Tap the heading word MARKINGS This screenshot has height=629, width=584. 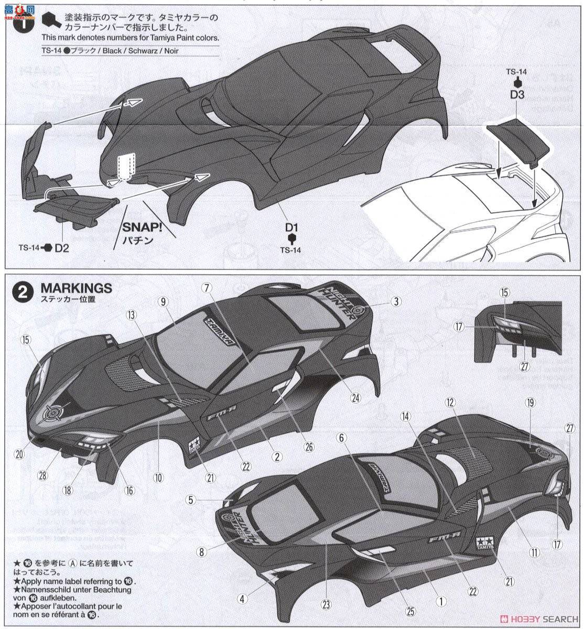click(76, 288)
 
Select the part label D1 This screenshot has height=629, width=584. click(291, 227)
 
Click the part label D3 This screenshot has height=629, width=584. click(517, 95)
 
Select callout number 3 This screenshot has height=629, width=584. click(397, 301)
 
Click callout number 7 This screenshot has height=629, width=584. click(207, 288)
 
